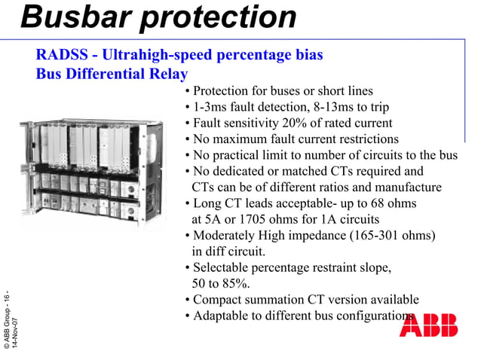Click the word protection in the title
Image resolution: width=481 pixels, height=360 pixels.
pyautogui.click(x=219, y=17)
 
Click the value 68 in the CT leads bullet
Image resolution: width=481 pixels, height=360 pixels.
pyautogui.click(x=375, y=204)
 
